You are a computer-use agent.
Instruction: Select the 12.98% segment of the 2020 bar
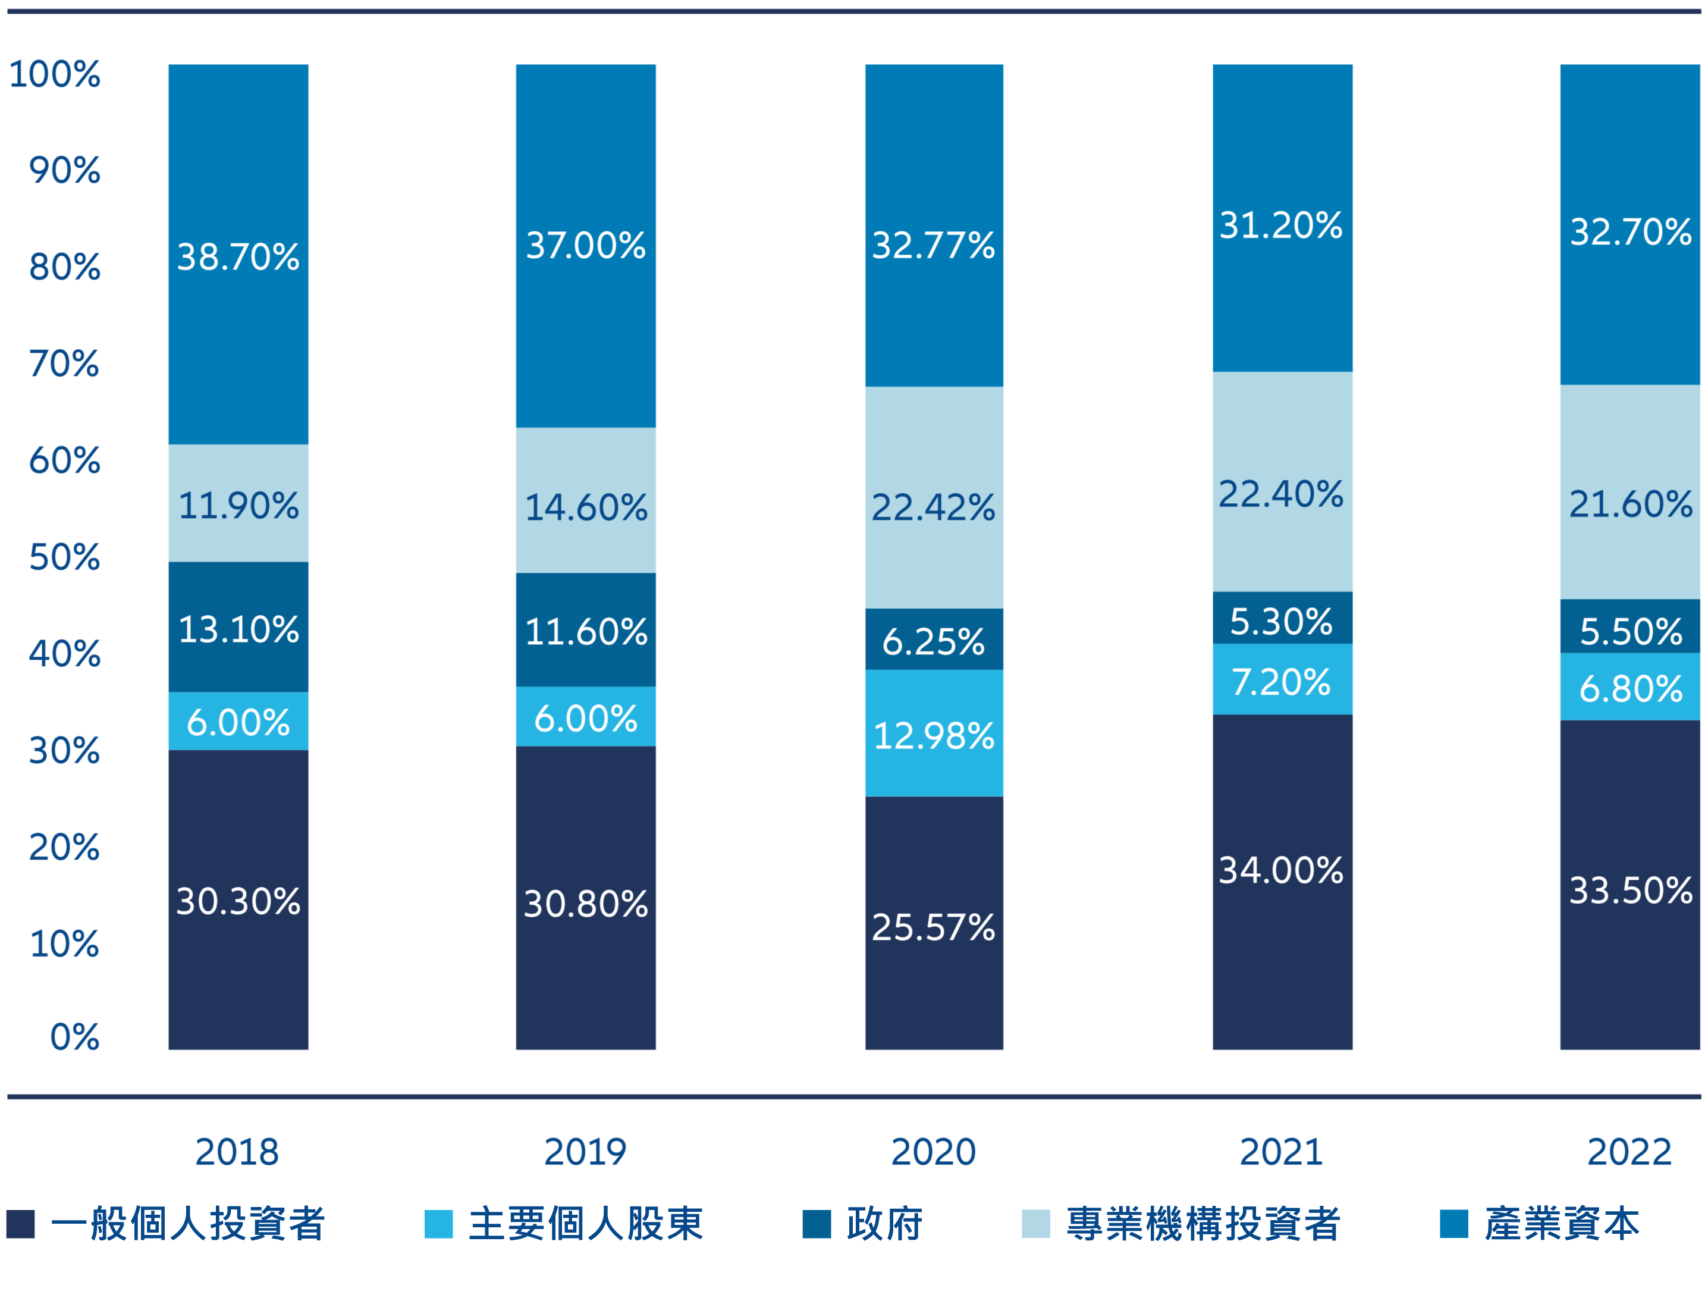coord(934,733)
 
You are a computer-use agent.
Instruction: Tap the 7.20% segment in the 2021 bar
coord(1282,679)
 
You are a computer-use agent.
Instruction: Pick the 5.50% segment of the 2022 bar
coord(1629,626)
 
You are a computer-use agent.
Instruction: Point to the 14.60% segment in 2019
coord(586,501)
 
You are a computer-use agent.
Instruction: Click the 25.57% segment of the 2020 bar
coord(934,924)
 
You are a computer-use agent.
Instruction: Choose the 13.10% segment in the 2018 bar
coord(238,627)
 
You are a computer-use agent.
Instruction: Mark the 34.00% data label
coord(1281,870)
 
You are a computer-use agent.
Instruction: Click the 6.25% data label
coord(934,642)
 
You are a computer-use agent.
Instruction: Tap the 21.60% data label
coord(1631,504)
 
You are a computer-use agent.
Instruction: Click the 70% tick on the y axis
coord(64,363)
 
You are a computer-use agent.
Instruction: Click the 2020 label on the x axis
coord(934,1152)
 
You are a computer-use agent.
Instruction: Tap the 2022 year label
coord(1629,1152)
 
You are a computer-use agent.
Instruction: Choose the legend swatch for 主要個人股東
coord(438,1224)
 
